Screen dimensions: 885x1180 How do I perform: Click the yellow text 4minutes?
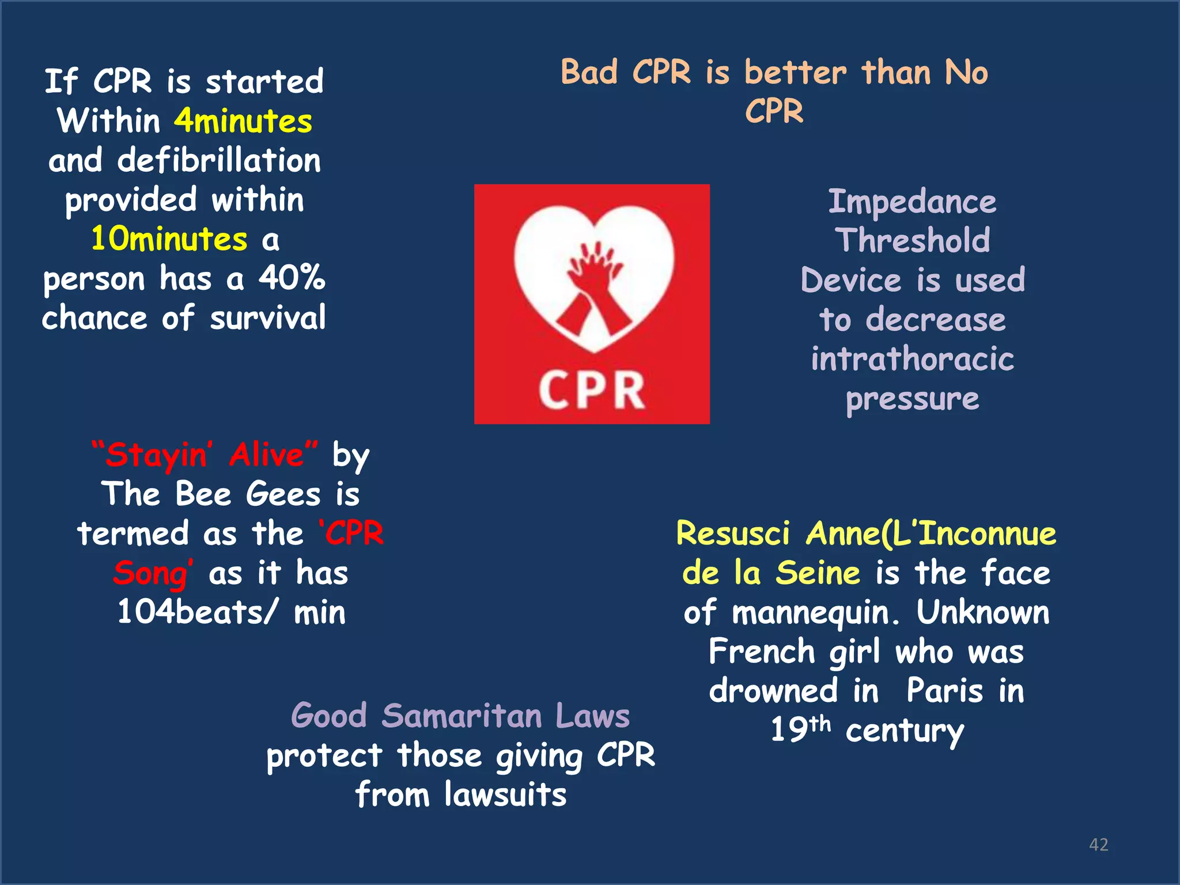pyautogui.click(x=243, y=121)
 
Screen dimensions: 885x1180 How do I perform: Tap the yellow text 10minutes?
pyautogui.click(x=169, y=239)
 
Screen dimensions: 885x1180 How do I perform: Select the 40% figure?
pyautogui.click(x=292, y=278)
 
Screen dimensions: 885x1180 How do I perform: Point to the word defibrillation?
pyautogui.click(x=219, y=160)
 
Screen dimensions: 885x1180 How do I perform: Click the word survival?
pyautogui.click(x=268, y=318)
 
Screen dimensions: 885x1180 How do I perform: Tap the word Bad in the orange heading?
pyautogui.click(x=589, y=73)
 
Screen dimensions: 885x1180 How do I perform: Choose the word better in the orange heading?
pyautogui.click(x=796, y=73)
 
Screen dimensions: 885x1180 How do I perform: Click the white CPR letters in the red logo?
pyautogui.click(x=592, y=391)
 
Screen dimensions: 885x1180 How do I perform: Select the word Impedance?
pyautogui.click(x=912, y=202)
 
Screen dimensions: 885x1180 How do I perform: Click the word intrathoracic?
pyautogui.click(x=912, y=359)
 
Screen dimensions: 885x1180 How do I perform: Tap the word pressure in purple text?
pyautogui.click(x=912, y=399)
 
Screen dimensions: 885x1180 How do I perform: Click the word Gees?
pyautogui.click(x=283, y=494)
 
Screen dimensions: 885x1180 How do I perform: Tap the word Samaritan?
pyautogui.click(x=462, y=716)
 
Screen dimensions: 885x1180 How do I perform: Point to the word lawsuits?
pyautogui.click(x=505, y=795)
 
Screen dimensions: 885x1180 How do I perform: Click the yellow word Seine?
pyautogui.click(x=818, y=573)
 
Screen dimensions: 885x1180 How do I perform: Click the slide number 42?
pyautogui.click(x=1098, y=845)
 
